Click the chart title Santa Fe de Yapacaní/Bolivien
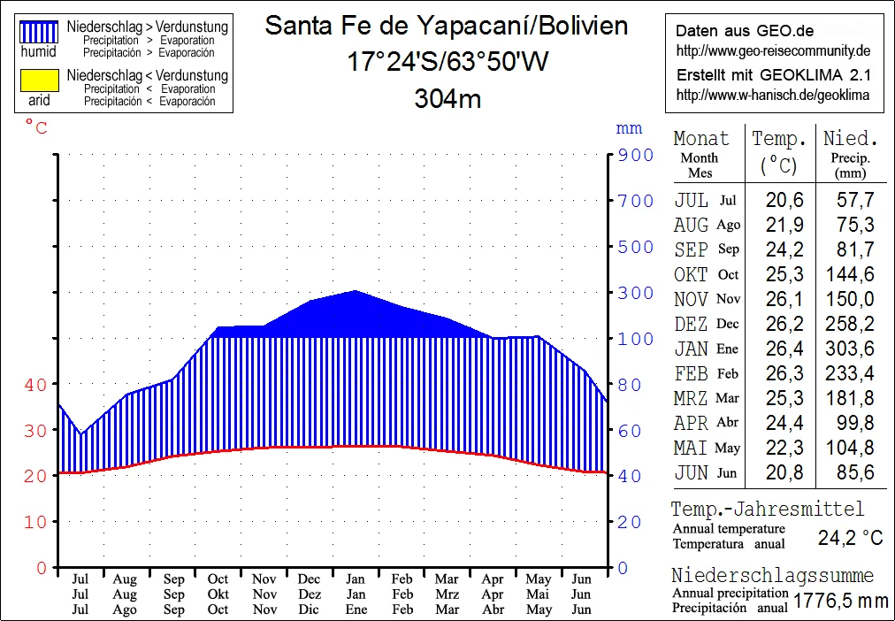tap(447, 26)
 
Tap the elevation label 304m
tap(447, 99)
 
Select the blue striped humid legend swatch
tap(39, 33)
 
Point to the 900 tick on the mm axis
tap(635, 156)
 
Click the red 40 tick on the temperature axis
tap(35, 385)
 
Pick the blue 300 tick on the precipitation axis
tap(635, 293)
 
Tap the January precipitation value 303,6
tap(850, 349)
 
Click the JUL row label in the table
tap(691, 201)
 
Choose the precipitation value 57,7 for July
tap(855, 201)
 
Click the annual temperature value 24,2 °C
tap(850, 538)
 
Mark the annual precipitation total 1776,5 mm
tap(840, 602)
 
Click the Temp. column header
tap(779, 139)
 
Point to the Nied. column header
tap(850, 139)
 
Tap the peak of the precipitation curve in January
tap(355, 290)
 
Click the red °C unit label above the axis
tap(36, 128)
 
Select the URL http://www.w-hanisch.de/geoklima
tap(772, 95)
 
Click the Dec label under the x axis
tap(310, 579)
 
